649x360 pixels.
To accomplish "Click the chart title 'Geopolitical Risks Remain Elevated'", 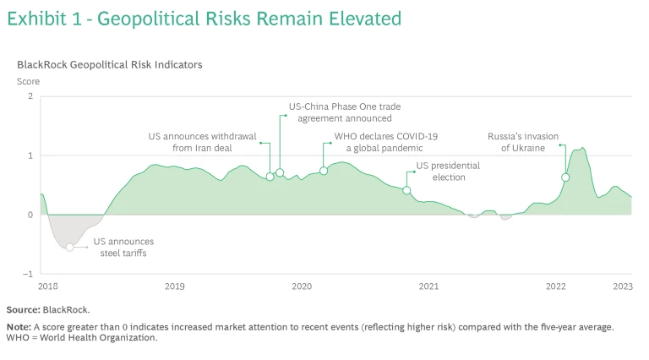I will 249,19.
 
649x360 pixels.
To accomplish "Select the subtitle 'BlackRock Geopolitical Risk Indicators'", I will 109,64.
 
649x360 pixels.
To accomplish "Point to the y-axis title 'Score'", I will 28,81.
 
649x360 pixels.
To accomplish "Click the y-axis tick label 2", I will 30,96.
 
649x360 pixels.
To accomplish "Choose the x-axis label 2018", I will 48,287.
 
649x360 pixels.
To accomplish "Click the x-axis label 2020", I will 302,287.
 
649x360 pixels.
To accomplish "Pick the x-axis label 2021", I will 428,287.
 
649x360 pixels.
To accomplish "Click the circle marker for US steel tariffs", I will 69,247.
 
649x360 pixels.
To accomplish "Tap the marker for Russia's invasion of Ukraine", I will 565,177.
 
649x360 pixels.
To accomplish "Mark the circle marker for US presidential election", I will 406,190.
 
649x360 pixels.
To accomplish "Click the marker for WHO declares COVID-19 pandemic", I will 324,171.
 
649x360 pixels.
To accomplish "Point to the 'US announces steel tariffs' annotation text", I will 123,247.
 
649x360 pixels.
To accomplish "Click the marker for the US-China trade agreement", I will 280,173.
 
